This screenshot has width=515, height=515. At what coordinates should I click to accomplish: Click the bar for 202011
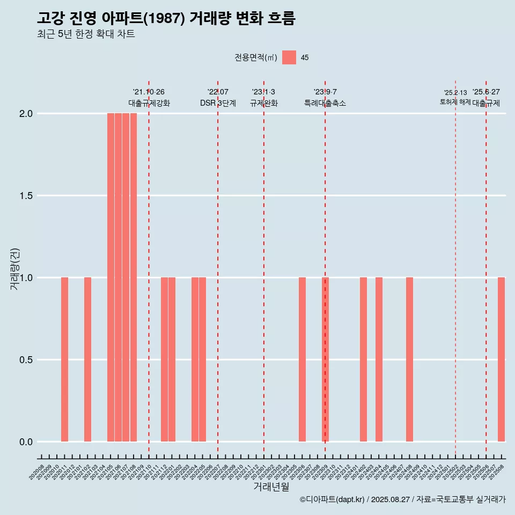pyautogui.click(x=64, y=359)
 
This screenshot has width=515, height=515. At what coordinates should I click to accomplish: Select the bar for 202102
pyautogui.click(x=87, y=359)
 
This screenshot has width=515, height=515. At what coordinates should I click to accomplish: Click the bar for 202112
pyautogui.click(x=164, y=359)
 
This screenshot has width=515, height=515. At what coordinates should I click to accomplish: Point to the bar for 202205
pyautogui.click(x=202, y=359)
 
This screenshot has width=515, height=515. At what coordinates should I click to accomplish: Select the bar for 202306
pyautogui.click(x=302, y=359)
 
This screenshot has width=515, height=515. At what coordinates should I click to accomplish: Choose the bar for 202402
pyautogui.click(x=363, y=359)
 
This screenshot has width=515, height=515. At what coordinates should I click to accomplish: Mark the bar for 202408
pyautogui.click(x=409, y=359)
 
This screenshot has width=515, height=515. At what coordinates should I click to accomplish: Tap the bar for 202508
pyautogui.click(x=501, y=359)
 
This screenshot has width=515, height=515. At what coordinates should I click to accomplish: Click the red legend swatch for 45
pyautogui.click(x=289, y=57)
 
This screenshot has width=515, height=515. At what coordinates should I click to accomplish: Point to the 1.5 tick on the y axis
pyautogui.click(x=26, y=196)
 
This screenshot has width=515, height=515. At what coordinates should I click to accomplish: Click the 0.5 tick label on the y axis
pyautogui.click(x=26, y=360)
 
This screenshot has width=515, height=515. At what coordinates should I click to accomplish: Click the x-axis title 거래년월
pyautogui.click(x=271, y=487)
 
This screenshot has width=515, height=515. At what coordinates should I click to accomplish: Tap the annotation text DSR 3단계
pyautogui.click(x=218, y=103)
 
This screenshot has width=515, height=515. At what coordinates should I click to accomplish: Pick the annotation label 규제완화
pyautogui.click(x=263, y=103)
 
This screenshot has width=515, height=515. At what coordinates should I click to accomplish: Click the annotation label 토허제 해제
pyautogui.click(x=455, y=102)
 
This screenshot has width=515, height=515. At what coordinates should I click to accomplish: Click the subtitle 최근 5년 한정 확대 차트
pyautogui.click(x=86, y=34)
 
